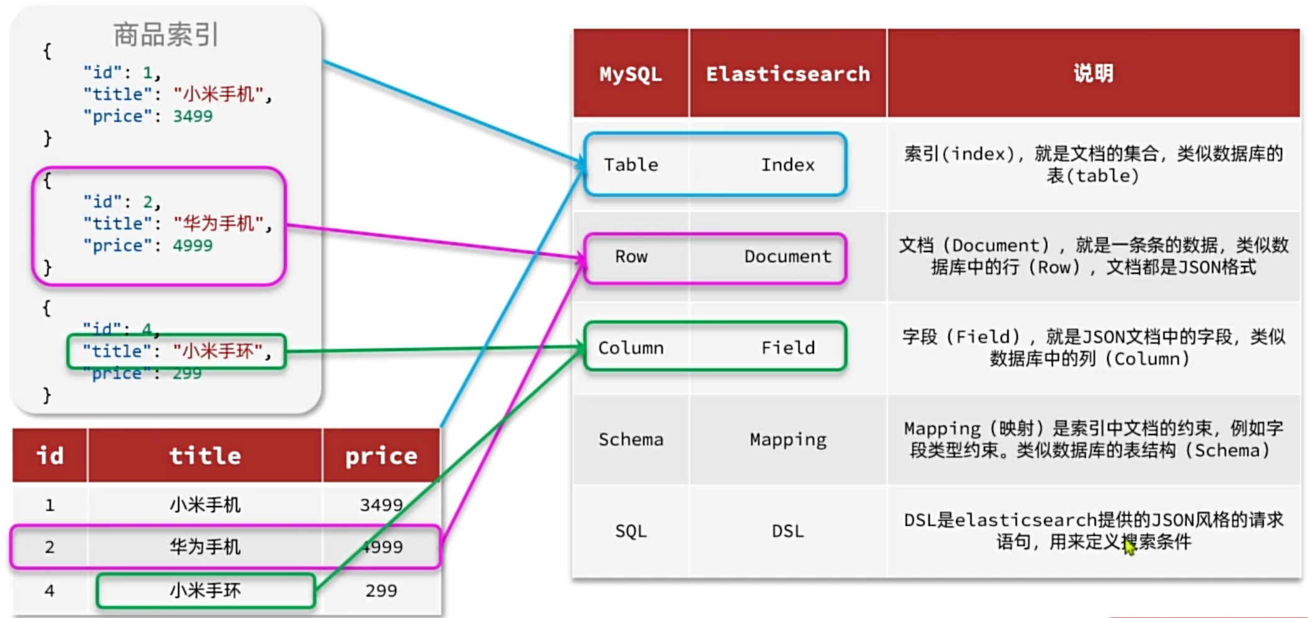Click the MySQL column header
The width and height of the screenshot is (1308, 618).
click(630, 74)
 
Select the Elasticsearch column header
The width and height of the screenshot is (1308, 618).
click(787, 74)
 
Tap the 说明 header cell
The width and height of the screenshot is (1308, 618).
click(1093, 74)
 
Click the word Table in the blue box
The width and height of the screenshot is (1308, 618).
click(631, 165)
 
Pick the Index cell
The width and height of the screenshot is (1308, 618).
click(787, 165)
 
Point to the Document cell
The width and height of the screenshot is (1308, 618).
click(787, 256)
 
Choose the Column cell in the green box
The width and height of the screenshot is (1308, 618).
click(631, 348)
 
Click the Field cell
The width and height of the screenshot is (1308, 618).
click(787, 348)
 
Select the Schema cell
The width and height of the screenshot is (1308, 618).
click(631, 439)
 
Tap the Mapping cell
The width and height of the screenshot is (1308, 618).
click(787, 439)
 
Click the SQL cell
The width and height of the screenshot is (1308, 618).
click(631, 531)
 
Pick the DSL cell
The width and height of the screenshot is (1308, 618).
click(787, 531)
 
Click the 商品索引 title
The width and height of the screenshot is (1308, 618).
click(166, 35)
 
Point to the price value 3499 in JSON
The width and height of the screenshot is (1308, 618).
click(193, 117)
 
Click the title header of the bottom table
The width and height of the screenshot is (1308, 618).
click(205, 455)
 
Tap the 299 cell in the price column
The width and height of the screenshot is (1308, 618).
click(381, 591)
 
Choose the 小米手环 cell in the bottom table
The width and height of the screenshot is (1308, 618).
click(205, 591)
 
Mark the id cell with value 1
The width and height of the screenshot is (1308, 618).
click(50, 505)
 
